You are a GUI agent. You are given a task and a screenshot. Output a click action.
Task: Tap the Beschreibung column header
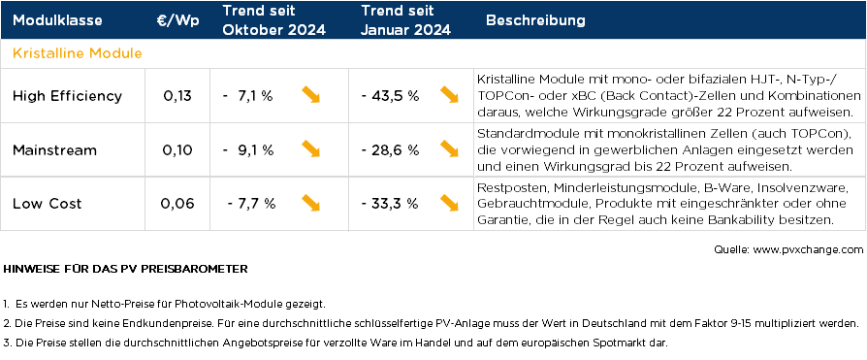(x=534, y=20)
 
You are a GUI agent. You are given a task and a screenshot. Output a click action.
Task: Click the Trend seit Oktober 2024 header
(x=273, y=20)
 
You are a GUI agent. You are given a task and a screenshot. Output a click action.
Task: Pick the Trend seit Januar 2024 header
(x=405, y=20)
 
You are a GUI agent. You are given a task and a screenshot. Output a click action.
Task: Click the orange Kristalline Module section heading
(x=78, y=52)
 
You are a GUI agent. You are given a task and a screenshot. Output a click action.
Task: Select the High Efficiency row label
(x=67, y=96)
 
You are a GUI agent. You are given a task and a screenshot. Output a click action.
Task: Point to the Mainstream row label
(x=54, y=149)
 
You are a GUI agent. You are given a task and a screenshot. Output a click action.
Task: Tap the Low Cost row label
(x=48, y=204)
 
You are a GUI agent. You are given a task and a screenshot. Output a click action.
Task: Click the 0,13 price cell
(x=177, y=96)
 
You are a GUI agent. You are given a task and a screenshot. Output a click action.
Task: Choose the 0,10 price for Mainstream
(x=177, y=149)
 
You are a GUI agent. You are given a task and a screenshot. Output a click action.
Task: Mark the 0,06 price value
(x=177, y=204)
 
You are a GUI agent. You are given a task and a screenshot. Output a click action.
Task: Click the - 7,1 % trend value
(x=247, y=96)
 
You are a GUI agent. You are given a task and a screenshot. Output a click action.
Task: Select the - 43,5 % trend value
(x=389, y=96)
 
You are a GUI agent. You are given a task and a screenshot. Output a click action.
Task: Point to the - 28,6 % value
(x=389, y=149)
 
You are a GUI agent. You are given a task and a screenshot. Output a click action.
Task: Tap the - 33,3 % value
(x=389, y=204)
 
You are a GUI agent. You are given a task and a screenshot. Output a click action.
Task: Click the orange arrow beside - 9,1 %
(x=311, y=148)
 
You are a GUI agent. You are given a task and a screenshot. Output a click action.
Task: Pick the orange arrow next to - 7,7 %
(x=311, y=203)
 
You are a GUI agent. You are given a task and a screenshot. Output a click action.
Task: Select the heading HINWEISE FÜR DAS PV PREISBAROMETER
(x=126, y=267)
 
